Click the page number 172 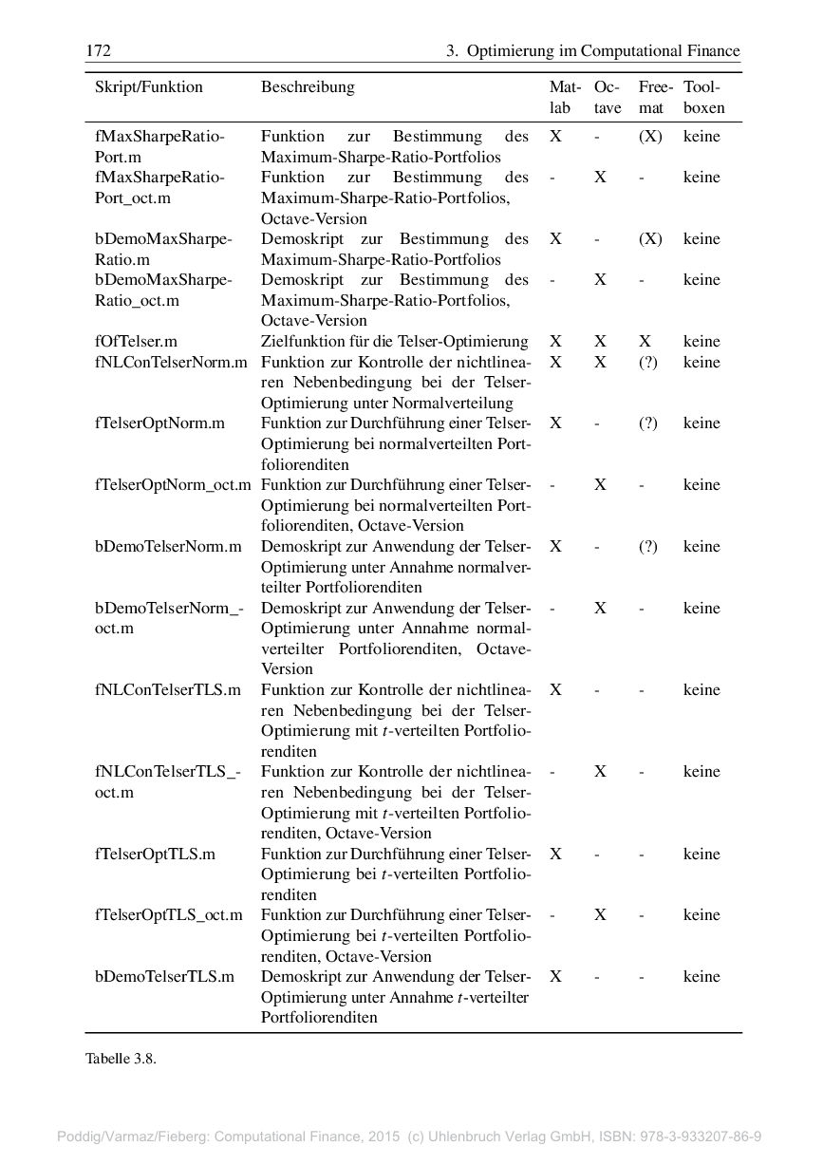pos(98,50)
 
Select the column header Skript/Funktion pos(148,87)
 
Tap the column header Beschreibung pos(308,87)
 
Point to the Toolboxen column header pos(703,97)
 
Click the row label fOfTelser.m pos(136,342)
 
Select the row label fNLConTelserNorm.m pos(171,363)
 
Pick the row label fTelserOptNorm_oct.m pos(173,485)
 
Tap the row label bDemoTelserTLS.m pos(164,977)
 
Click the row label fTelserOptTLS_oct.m pos(168,915)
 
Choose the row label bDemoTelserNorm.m pos(168,547)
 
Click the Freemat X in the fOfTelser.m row pos(645,342)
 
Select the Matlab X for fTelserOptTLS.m pos(555,854)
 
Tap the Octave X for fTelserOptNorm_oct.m pos(600,485)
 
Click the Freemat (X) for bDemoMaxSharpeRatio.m pos(649,239)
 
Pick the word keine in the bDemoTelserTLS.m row pos(701,977)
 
